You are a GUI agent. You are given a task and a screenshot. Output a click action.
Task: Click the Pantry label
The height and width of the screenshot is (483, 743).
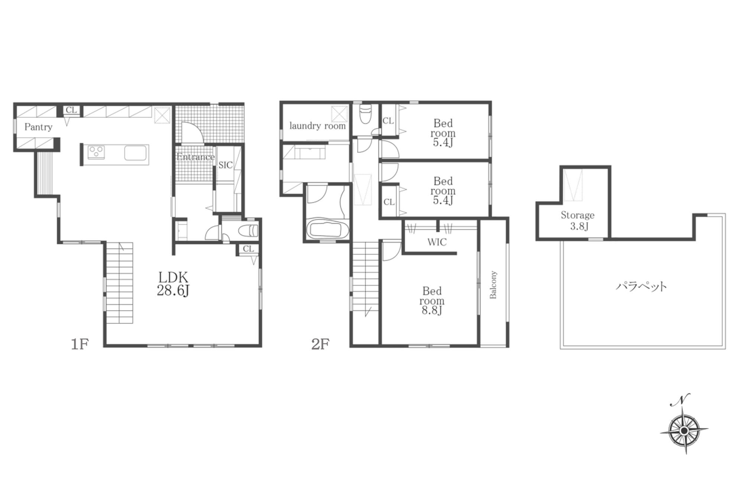click(38, 127)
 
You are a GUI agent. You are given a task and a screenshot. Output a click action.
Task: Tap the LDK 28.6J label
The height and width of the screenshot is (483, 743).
click(173, 284)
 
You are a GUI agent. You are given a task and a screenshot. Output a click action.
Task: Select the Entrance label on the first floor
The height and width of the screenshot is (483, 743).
click(195, 157)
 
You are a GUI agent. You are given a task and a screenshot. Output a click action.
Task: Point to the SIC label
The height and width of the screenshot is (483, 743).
click(226, 165)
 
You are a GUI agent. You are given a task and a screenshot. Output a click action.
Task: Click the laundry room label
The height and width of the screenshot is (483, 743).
click(317, 126)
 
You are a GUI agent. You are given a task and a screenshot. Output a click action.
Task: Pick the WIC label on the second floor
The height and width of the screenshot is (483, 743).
click(437, 242)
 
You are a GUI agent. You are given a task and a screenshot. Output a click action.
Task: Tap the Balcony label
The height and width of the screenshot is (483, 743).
click(493, 285)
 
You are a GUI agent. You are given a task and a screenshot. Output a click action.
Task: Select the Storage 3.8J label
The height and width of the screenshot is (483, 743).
click(578, 220)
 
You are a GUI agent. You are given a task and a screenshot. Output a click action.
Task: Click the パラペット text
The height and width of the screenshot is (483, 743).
click(641, 286)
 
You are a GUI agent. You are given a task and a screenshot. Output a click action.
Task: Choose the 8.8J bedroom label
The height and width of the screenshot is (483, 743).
click(432, 301)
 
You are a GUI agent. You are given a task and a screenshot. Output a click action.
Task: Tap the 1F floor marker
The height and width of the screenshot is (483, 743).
click(80, 344)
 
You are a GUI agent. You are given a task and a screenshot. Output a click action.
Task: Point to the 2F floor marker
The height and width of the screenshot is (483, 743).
click(320, 344)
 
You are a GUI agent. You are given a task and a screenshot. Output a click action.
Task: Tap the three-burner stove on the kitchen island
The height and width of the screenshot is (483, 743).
click(96, 152)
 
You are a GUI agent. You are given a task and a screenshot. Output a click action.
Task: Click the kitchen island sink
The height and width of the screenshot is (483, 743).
click(136, 153)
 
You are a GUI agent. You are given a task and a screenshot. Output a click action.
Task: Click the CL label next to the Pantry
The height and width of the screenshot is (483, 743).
click(71, 110)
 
